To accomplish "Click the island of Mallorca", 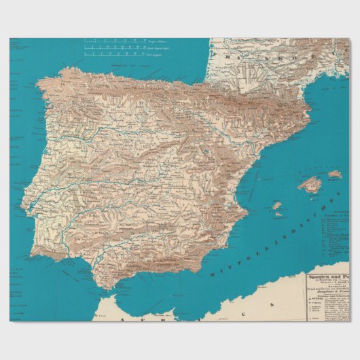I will (x=309, y=184).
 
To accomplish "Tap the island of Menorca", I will (x=335, y=175).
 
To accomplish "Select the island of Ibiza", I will (x=276, y=205).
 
